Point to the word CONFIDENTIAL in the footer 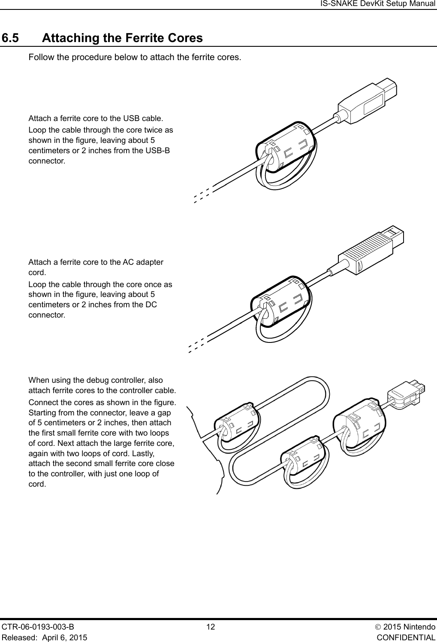coord(406,637)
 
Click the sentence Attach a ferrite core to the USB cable coord(95,118)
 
